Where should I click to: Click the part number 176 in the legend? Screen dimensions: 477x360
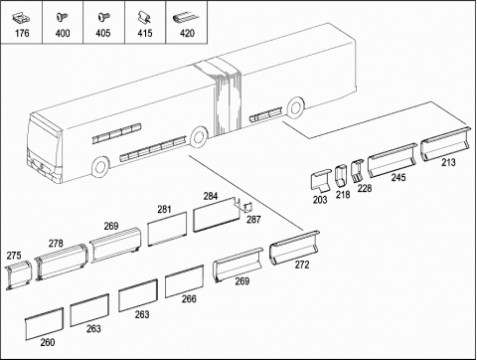tap(22, 33)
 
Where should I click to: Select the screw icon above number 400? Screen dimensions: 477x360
tap(62, 17)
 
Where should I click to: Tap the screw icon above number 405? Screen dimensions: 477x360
tap(103, 17)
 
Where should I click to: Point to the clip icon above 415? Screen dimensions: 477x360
tap(144, 17)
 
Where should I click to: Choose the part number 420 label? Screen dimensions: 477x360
tap(187, 33)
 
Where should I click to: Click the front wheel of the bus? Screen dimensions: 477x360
tap(100, 167)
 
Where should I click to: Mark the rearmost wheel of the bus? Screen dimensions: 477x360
tap(296, 106)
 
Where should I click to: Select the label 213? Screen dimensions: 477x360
tap(448, 162)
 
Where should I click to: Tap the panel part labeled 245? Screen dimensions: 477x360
tap(393, 160)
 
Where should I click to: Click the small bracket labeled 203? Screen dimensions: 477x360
tap(320, 181)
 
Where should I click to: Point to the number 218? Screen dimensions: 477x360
tap(343, 195)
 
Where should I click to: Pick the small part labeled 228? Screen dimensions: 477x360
tap(358, 171)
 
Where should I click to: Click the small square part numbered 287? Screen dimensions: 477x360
tap(247, 208)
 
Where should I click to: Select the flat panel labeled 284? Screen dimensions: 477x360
tap(216, 215)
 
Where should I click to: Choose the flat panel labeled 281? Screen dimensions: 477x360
tap(167, 229)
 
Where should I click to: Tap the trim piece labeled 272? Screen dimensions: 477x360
tap(294, 248)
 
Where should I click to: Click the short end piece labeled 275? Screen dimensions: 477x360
tap(18, 274)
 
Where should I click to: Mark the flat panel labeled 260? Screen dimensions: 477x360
tap(44, 323)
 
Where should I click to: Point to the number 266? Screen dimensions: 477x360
tap(189, 298)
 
